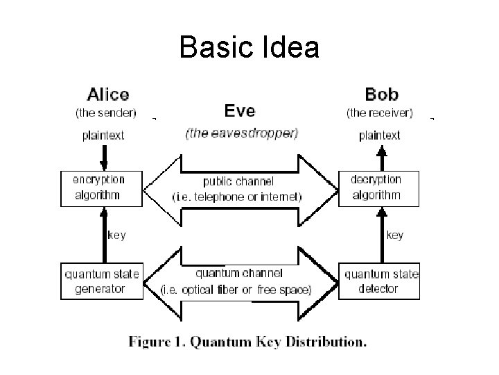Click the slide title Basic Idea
pos(249,47)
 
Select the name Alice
pos(107,94)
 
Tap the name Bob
pos(381,94)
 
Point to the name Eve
pos(239,110)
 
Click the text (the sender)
pos(105,111)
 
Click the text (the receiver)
pos(379,111)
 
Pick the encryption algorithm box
pos(102,187)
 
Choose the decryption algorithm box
pos(379,187)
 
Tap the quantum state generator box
pos(102,281)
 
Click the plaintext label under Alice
pos(103,136)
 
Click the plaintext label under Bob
pos(379,136)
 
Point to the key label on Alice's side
pos(116,235)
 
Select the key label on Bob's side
pos(394,235)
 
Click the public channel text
pos(238,182)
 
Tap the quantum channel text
pos(237,274)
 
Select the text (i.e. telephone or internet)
pos(237,197)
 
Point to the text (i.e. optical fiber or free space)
pos(236,289)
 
